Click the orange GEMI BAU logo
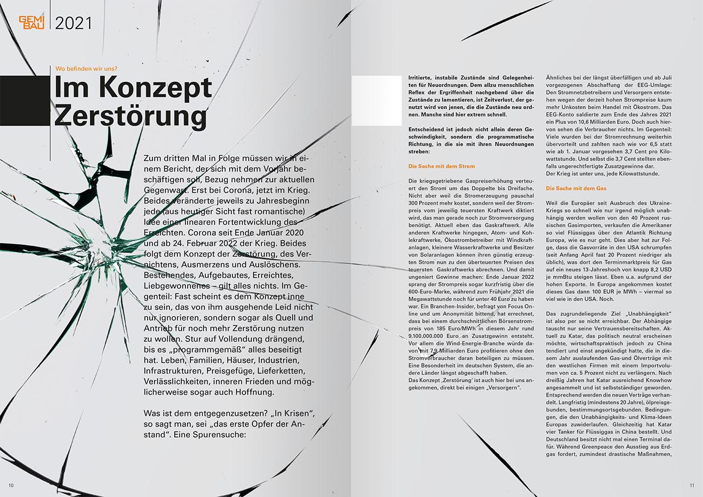tap(31, 22)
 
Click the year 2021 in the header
tap(73, 23)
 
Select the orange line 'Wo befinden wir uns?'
tap(86, 69)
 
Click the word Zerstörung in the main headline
tap(130, 116)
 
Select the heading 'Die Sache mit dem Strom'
tap(441, 166)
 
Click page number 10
tap(11, 485)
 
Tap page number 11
tap(692, 485)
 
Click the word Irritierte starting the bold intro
tap(420, 78)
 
